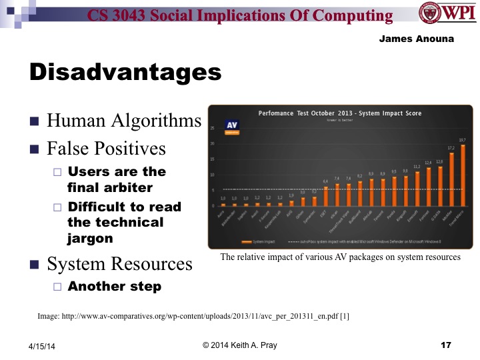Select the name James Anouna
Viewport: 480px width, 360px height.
click(x=416, y=39)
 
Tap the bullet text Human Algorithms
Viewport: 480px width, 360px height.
click(x=124, y=121)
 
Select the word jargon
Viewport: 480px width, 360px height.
click(x=91, y=238)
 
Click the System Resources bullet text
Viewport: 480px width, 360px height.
click(x=119, y=264)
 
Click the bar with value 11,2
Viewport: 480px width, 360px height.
click(x=417, y=189)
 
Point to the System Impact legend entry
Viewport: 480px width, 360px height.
click(x=263, y=240)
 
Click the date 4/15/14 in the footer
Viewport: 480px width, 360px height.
click(x=41, y=346)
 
